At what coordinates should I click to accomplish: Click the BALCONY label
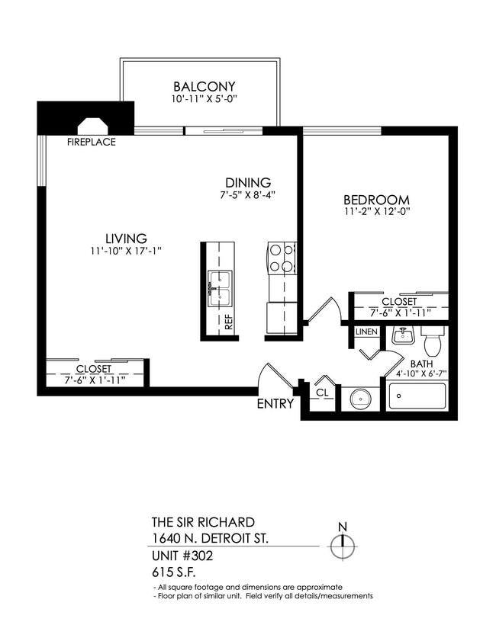pos(204,86)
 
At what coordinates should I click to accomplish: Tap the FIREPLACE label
pos(92,142)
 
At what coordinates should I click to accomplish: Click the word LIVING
pos(126,238)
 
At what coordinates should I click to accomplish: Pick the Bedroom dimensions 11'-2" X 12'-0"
pos(377,213)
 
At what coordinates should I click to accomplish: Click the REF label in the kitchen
pos(227,320)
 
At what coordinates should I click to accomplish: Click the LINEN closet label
pos(366,332)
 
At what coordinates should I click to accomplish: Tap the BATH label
pos(421,364)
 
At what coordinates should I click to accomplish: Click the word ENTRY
pos(275,404)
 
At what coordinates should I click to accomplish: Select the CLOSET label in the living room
pos(94,369)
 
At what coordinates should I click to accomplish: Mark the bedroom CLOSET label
pos(399,302)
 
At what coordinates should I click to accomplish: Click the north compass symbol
pos(343,544)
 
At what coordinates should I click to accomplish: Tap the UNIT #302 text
pos(182,556)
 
